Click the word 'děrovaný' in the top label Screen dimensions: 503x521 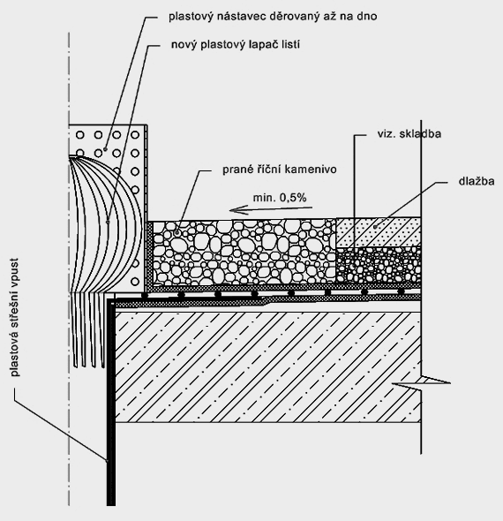(293, 16)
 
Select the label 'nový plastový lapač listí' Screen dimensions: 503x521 (236, 45)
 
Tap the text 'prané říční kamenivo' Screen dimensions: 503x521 (280, 170)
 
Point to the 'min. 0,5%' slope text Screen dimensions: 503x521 (280, 198)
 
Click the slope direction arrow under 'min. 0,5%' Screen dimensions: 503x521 (271, 209)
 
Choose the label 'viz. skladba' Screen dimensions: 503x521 (409, 134)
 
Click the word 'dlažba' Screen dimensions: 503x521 (477, 181)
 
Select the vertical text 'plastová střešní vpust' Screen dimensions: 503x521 (15, 317)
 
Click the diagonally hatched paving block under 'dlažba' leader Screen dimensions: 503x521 (379, 232)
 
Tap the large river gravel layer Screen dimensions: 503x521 (244, 253)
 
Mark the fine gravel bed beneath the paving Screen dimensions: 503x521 (379, 265)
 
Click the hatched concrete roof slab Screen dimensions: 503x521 (267, 366)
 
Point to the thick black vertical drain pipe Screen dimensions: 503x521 (111, 402)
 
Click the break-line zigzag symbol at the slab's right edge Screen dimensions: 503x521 (421, 382)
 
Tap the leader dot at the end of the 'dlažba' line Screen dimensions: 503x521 (376, 227)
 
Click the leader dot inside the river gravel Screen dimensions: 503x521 (177, 233)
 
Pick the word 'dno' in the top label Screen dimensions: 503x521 (367, 16)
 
